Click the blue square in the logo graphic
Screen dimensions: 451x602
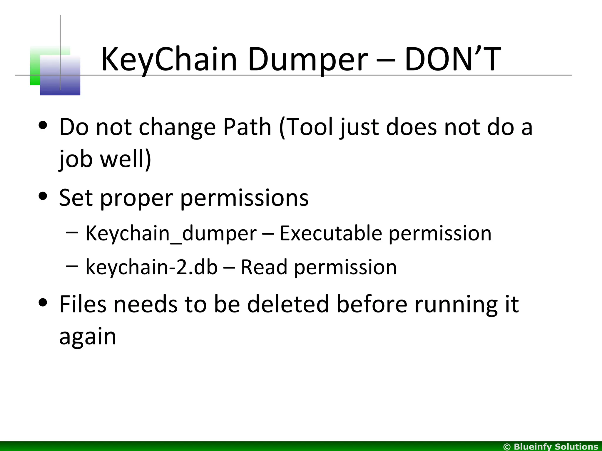tap(60, 76)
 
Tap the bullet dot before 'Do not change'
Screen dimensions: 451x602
tap(43, 125)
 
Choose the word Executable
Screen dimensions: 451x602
tap(331, 233)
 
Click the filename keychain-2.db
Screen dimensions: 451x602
tap(151, 267)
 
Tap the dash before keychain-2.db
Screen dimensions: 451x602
tap(72, 266)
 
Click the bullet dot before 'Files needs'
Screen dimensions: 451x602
tap(43, 302)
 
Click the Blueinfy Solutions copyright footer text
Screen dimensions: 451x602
tap(551, 447)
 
